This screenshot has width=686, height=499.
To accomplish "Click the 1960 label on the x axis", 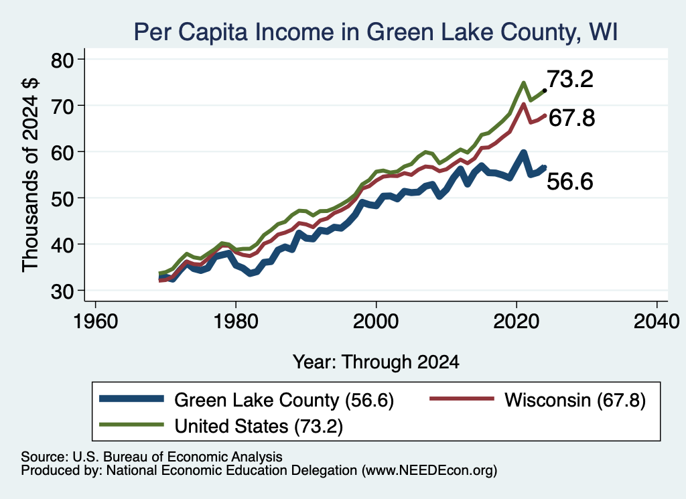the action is click(95, 322).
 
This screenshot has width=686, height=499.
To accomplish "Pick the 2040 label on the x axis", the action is click(657, 322).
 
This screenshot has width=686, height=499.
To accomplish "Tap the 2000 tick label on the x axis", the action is click(376, 322).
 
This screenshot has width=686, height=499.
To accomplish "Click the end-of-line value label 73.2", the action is click(570, 79).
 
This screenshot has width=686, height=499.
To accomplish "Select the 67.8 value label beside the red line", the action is click(571, 118).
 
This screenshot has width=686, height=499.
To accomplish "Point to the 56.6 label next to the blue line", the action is click(570, 181).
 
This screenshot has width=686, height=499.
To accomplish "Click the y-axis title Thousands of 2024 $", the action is click(31, 175).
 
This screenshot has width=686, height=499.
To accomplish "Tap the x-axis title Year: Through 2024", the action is click(376, 362).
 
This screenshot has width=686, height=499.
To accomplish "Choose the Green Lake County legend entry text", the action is click(284, 400).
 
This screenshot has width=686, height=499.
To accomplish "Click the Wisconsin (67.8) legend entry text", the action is click(575, 400).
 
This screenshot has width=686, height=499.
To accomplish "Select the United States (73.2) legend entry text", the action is click(259, 426).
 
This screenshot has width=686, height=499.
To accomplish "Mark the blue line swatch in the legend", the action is click(132, 399).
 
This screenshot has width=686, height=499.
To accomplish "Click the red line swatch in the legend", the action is click(462, 399).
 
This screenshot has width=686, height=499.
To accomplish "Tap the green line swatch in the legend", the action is click(132, 425).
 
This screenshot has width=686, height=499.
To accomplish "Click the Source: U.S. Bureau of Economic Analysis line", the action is click(151, 457).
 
